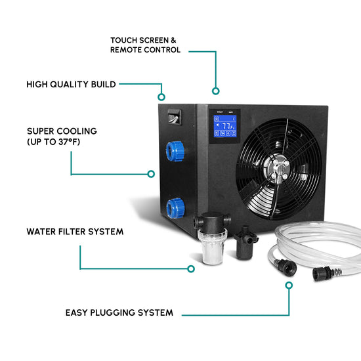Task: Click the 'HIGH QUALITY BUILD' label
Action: (71, 84)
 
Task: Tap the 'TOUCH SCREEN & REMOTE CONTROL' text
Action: (145, 45)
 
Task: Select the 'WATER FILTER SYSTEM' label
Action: (75, 232)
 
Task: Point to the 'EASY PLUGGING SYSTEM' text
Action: (119, 312)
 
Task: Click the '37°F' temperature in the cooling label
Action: (69, 142)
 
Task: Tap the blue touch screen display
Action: (225, 126)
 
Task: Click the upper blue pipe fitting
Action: (175, 151)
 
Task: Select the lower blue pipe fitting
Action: (176, 208)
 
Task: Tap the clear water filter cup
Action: (212, 247)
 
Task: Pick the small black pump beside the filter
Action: (245, 243)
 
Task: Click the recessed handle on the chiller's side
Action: (175, 117)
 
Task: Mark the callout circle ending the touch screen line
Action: (216, 91)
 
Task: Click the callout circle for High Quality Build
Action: (161, 97)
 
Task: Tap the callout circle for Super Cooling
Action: (151, 174)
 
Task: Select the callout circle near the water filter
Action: (191, 268)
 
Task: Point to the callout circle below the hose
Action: (289, 286)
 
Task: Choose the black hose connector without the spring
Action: (286, 267)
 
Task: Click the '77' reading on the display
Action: (226, 126)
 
